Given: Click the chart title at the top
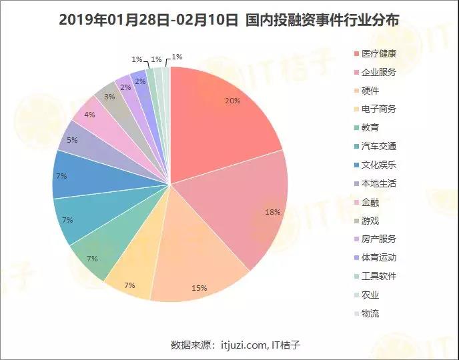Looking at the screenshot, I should tap(229, 20).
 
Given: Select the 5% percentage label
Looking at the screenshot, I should tap(72, 141).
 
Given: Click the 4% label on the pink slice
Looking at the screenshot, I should tap(89, 115).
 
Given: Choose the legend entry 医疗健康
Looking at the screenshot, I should tap(379, 53).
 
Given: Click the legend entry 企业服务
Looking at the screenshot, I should tap(379, 72).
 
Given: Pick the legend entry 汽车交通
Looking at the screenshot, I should tap(379, 146).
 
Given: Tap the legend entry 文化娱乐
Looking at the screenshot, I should tap(379, 165).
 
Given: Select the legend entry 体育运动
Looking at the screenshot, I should tap(379, 257).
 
